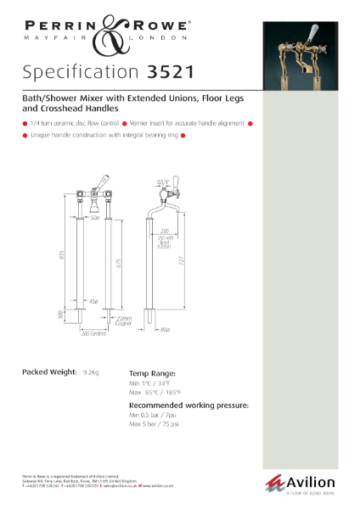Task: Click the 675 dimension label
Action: pos(118,264)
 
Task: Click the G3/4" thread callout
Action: pos(163,182)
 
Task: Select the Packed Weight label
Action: pos(48,372)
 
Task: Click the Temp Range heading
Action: pos(152,372)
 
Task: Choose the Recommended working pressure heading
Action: pos(188,406)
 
